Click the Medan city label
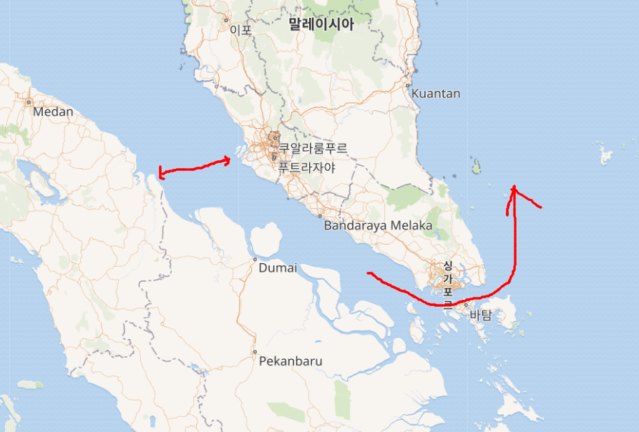(54, 112)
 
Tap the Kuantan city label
(436, 94)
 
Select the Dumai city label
(277, 268)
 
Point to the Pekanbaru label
(291, 361)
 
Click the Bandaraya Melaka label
(378, 226)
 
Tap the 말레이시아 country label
(321, 24)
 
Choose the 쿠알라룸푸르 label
(313, 149)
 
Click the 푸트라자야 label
(307, 168)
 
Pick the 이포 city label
(241, 30)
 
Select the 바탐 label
(481, 315)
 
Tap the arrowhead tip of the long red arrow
(514, 187)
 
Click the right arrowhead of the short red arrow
(230, 159)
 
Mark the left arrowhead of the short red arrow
(160, 173)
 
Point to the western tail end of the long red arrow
(368, 273)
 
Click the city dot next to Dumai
(255, 260)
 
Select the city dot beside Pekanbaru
(254, 352)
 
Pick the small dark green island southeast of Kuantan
(476, 167)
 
